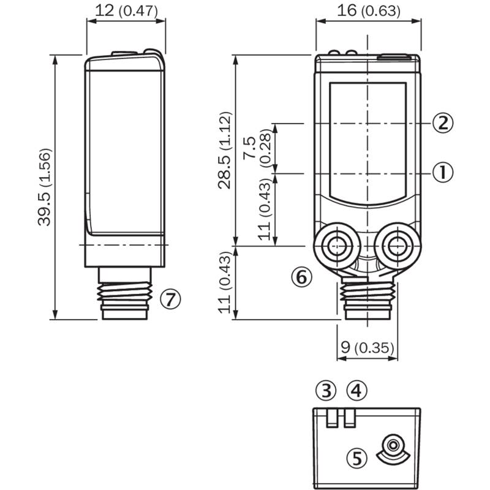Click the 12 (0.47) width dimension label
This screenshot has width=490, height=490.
[x=126, y=11]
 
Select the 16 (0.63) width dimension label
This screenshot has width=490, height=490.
[x=369, y=11]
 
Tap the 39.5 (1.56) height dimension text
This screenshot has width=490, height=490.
[x=44, y=187]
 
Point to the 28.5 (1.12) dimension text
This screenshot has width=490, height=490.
[x=225, y=150]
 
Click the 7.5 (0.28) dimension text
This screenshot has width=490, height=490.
[x=257, y=148]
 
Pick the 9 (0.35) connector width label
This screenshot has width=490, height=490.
[x=367, y=348]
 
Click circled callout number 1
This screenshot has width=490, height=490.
[x=442, y=173]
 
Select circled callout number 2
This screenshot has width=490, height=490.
[x=442, y=123]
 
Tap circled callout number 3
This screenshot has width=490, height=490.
[x=326, y=390]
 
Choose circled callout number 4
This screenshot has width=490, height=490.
[x=357, y=390]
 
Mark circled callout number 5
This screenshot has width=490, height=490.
[x=357, y=458]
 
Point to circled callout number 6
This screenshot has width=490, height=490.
[x=302, y=277]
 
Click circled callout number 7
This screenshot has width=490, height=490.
[x=171, y=300]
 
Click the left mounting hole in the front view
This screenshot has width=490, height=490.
[x=337, y=246]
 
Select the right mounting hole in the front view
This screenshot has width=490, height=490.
[x=398, y=246]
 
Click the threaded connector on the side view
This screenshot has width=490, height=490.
[x=125, y=293]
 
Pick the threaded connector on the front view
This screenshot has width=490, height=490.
[x=367, y=298]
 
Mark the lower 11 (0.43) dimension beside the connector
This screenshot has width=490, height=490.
[x=225, y=282]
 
